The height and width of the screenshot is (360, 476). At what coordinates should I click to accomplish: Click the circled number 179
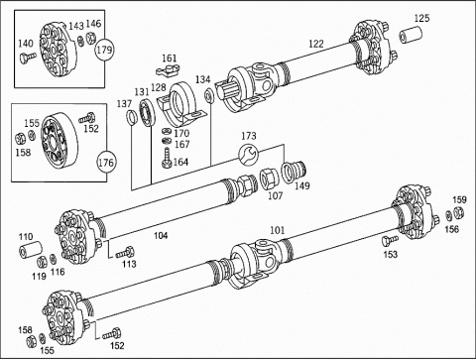(104, 50)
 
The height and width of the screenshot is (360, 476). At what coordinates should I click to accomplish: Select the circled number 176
(106, 163)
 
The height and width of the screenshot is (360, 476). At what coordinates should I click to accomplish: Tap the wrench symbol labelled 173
(248, 154)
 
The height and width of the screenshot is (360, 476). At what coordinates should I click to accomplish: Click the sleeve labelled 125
(411, 35)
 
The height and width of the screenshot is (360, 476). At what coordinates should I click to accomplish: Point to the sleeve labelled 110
(31, 250)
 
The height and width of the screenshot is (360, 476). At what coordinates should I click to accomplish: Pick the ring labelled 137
(131, 117)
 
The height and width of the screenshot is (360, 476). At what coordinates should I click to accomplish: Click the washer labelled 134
(209, 95)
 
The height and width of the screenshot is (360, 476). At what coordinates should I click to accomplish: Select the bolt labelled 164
(167, 158)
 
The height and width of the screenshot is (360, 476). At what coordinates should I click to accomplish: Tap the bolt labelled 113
(125, 253)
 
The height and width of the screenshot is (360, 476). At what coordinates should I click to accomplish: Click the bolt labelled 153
(390, 240)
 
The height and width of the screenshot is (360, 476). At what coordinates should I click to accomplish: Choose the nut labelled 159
(459, 212)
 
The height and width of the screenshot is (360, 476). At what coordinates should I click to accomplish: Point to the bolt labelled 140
(27, 58)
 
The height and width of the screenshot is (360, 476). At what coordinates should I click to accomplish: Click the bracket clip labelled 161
(168, 69)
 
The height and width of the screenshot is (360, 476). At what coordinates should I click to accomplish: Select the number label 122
(316, 44)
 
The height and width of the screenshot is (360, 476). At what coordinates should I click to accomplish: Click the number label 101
(277, 230)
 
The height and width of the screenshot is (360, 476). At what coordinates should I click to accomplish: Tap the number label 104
(161, 235)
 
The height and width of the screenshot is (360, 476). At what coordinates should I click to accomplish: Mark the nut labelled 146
(90, 38)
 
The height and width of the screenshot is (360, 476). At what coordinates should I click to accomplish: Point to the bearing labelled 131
(147, 111)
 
